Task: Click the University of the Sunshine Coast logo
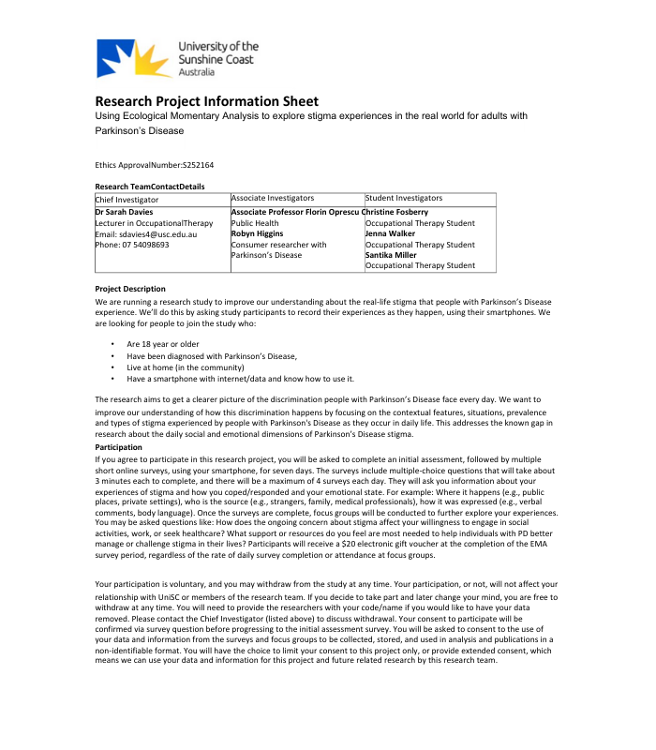coord(177,58)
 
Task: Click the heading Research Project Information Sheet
coord(206,101)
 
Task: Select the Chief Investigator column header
coord(127,200)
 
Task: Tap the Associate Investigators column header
coord(272,199)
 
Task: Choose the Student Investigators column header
coord(403,199)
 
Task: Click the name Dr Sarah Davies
coord(124,213)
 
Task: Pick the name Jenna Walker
coord(390,233)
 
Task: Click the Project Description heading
coord(130,289)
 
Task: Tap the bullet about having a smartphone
coord(240,379)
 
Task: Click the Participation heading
coord(119,448)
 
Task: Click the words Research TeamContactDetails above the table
coord(150,187)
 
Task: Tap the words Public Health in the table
coord(255,223)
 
